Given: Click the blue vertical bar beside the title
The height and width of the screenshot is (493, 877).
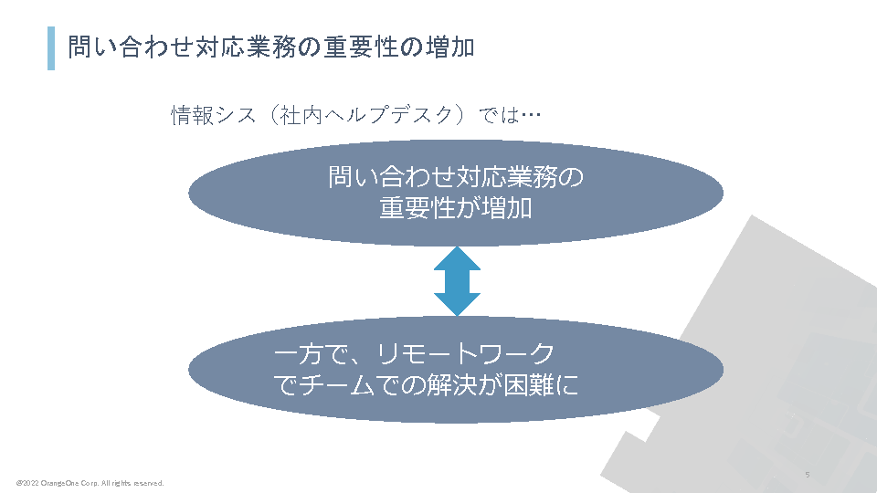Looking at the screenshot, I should click(x=51, y=47).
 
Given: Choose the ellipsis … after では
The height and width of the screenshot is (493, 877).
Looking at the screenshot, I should click(x=532, y=116).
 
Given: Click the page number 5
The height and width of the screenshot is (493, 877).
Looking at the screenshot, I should click(x=808, y=475).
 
